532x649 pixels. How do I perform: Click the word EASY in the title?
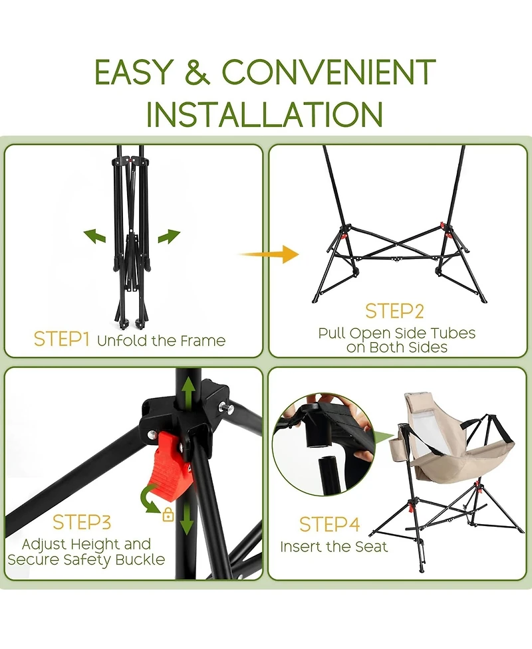132,72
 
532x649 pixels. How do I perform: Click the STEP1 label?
61,339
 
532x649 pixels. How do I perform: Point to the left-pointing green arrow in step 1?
94,236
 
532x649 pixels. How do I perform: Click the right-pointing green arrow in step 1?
169,236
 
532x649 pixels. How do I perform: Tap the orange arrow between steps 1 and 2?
269,254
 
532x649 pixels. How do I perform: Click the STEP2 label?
394,312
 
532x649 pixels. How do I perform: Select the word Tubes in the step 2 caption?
453,333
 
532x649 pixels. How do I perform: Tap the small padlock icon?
168,514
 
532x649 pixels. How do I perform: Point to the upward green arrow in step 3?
188,391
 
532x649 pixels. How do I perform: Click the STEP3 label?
82,523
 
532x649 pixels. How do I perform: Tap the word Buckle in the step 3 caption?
140,559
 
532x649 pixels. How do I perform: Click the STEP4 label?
329,525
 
